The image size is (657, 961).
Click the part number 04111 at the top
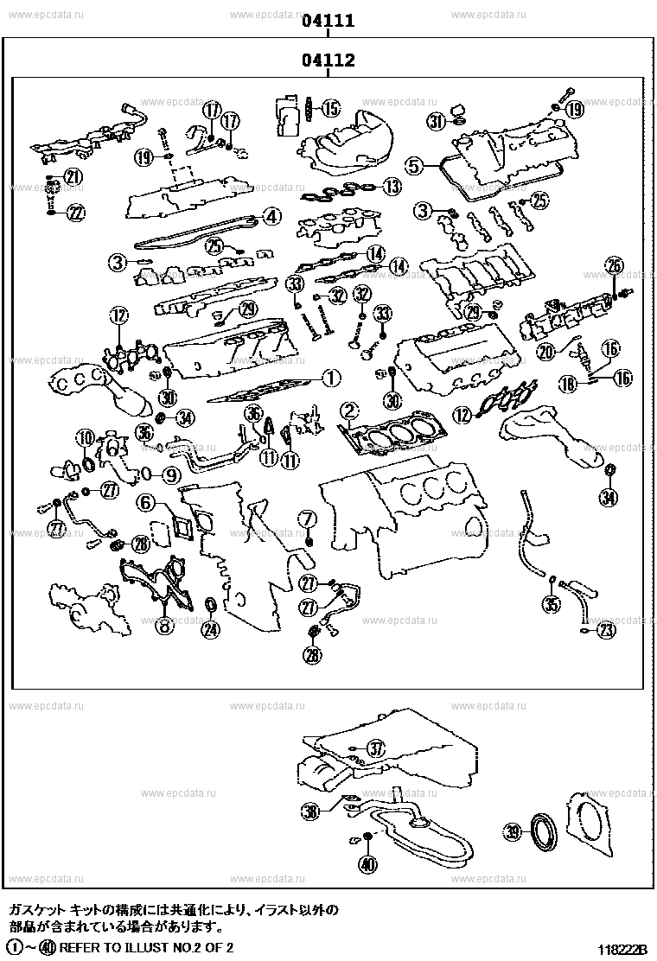pyautogui.click(x=328, y=22)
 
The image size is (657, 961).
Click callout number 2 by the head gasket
pyautogui.click(x=349, y=409)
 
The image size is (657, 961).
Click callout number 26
pyautogui.click(x=614, y=265)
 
